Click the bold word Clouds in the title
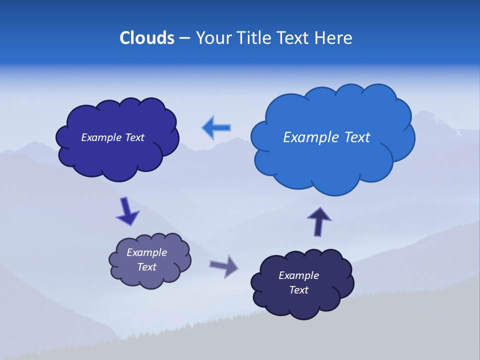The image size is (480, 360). pyautogui.click(x=147, y=38)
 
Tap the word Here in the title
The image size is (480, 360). pyautogui.click(x=333, y=38)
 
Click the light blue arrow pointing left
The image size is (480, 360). pyautogui.click(x=216, y=128)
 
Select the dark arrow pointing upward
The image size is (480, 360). pyautogui.click(x=318, y=221)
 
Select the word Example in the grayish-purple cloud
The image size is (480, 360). pyautogui.click(x=146, y=252)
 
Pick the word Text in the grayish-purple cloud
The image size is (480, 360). pyautogui.click(x=147, y=267)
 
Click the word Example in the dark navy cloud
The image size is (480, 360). pyautogui.click(x=298, y=275)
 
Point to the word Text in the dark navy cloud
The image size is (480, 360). pyautogui.click(x=298, y=290)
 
